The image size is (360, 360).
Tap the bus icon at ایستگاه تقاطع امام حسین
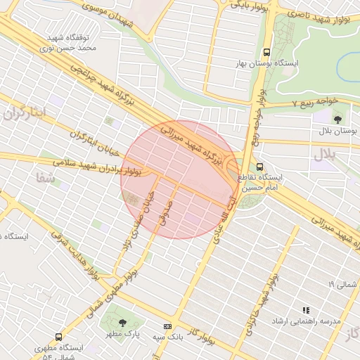[x=260, y=167]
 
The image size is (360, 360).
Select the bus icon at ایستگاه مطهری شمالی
[x=58, y=337]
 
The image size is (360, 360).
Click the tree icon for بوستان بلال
[x=338, y=119]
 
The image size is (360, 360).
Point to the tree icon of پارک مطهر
[x=123, y=323]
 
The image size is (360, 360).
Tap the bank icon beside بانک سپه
[x=167, y=327]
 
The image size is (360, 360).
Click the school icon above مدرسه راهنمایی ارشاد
[x=305, y=310]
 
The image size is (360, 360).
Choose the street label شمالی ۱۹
[x=342, y=284]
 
